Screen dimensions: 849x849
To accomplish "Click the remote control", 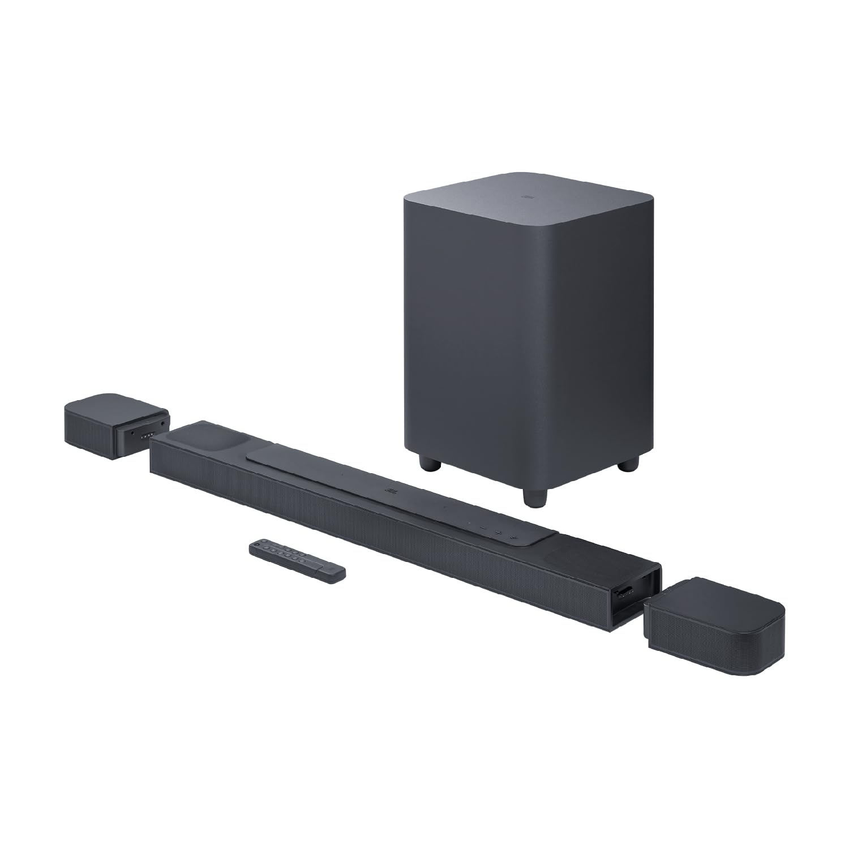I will (x=297, y=561).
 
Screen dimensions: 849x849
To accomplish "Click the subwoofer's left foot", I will (x=430, y=463).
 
